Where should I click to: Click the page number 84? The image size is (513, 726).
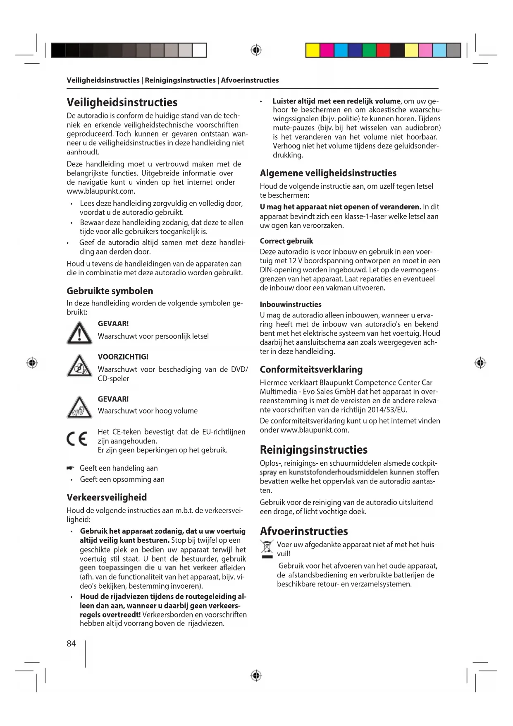[x=71, y=643]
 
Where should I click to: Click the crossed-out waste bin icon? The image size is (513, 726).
[x=267, y=547]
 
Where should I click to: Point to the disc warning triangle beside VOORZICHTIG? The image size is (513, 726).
[x=79, y=366]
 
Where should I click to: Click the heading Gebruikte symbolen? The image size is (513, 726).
[x=110, y=291]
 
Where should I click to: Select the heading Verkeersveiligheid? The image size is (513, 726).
[x=107, y=497]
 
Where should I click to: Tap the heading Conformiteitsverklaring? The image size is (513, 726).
[x=311, y=369]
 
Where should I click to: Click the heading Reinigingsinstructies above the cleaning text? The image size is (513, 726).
[x=313, y=450]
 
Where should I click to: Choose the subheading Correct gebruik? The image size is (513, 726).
[x=286, y=241]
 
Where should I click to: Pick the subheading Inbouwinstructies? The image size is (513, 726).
[x=291, y=304]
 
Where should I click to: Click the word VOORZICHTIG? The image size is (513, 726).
[x=123, y=357]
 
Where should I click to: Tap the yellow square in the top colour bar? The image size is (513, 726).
[x=313, y=50]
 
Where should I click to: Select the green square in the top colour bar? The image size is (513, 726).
[x=369, y=50]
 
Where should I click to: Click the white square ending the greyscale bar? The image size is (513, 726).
[x=199, y=50]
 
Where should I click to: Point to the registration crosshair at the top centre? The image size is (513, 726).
[x=256, y=50]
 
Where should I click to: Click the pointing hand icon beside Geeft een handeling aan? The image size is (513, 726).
[x=70, y=468]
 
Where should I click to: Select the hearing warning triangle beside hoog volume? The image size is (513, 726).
[x=79, y=408]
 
